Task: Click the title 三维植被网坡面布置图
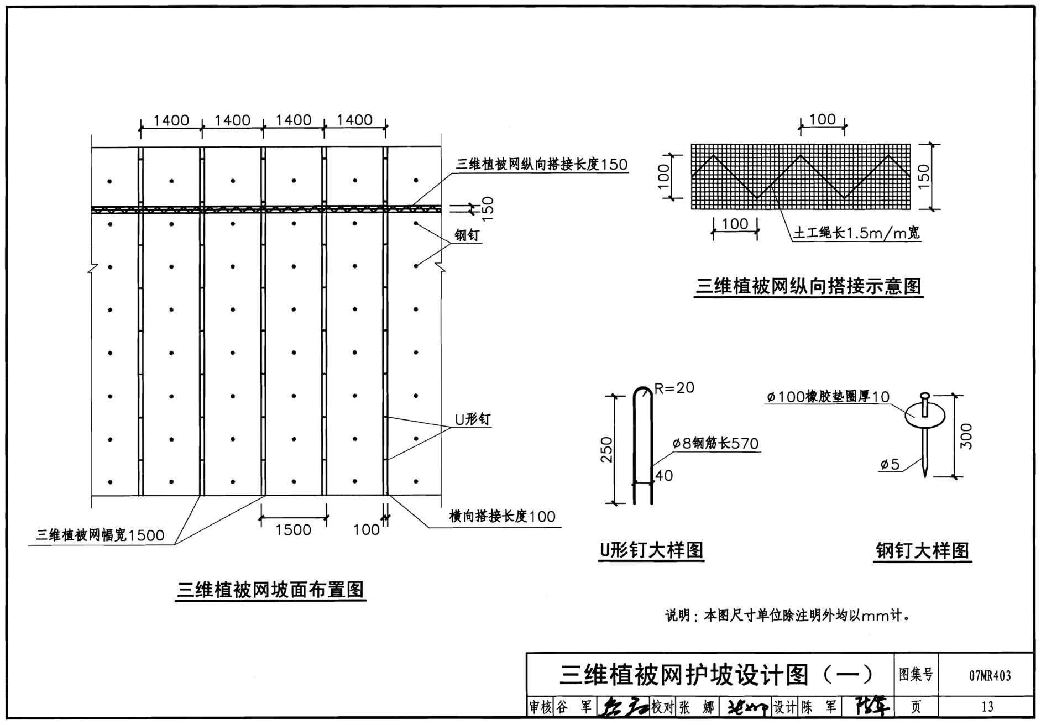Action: click(270, 590)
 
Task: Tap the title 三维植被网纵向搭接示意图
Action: click(808, 286)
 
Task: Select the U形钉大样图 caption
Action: click(651, 550)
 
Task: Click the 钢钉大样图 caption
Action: click(922, 550)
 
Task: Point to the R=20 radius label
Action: click(674, 388)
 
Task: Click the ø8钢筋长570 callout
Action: click(715, 443)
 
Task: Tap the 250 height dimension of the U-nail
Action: click(607, 449)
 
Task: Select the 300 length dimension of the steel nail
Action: click(966, 436)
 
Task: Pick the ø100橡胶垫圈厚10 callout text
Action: click(828, 397)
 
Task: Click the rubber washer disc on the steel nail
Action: click(924, 416)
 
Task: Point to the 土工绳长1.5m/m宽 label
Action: click(856, 233)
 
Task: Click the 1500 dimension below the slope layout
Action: click(293, 529)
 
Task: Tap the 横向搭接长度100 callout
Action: click(502, 517)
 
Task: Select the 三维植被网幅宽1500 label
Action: click(100, 535)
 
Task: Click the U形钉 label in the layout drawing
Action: click(472, 419)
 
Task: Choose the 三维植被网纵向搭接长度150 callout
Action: click(541, 164)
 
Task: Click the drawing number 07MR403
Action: click(990, 675)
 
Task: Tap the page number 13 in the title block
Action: click(987, 706)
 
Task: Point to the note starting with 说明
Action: click(787, 615)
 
